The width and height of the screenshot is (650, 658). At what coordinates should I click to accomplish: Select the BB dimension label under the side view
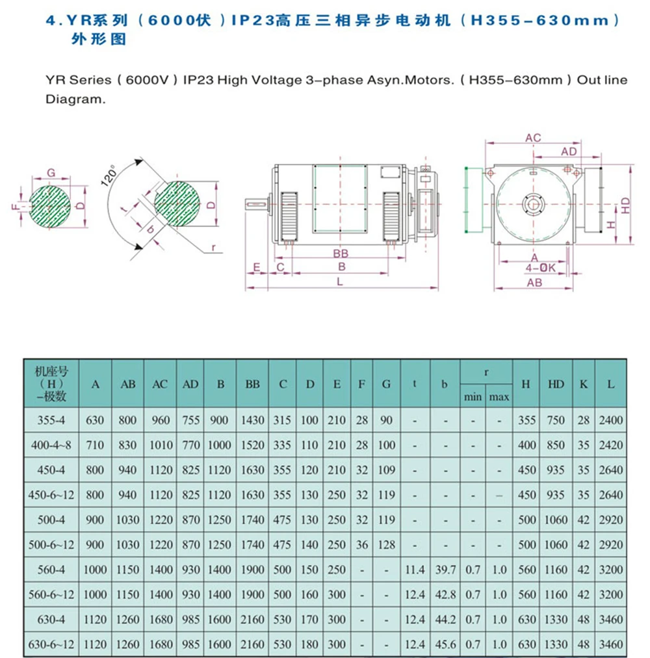pyautogui.click(x=341, y=254)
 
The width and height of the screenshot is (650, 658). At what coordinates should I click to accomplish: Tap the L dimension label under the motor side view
pyautogui.click(x=340, y=281)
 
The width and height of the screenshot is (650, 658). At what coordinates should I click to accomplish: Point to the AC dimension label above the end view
pyautogui.click(x=533, y=138)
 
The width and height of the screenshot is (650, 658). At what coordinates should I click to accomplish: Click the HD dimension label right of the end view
pyautogui.click(x=625, y=205)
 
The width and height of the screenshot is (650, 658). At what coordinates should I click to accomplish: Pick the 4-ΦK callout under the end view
pyautogui.click(x=541, y=267)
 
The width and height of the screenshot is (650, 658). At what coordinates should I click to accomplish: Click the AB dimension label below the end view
pyautogui.click(x=534, y=283)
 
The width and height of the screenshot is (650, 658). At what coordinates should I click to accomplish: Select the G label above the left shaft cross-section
pyautogui.click(x=51, y=174)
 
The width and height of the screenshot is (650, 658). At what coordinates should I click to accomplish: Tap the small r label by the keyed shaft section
pyautogui.click(x=213, y=248)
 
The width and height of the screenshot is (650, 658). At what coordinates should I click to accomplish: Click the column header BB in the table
pyautogui.click(x=252, y=384)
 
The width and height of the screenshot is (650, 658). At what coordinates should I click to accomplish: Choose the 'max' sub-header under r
pyautogui.click(x=499, y=397)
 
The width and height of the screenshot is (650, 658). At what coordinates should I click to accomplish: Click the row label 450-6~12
pyautogui.click(x=51, y=495)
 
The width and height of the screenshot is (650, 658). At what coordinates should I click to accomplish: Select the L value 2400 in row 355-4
pyautogui.click(x=610, y=420)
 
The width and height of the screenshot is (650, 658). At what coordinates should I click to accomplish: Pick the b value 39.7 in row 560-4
pyautogui.click(x=445, y=570)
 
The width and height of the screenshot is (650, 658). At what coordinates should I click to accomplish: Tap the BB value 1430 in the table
pyautogui.click(x=252, y=420)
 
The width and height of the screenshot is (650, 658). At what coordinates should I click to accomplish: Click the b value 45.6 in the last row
pyautogui.click(x=445, y=644)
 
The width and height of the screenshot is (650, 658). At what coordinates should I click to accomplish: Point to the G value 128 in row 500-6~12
pyautogui.click(x=386, y=545)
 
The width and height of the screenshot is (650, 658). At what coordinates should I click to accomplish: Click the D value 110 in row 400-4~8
pyautogui.click(x=310, y=445)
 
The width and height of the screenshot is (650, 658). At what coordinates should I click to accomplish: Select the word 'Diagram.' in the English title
pyautogui.click(x=74, y=101)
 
